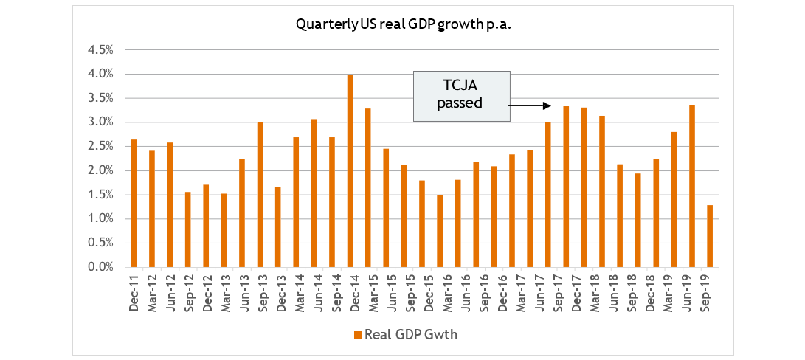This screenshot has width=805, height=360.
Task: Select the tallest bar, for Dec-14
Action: pos(350,171)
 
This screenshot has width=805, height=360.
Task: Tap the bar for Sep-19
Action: pos(710,236)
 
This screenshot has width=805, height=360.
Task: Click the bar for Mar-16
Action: pos(440,231)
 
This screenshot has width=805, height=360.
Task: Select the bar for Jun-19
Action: pos(692,186)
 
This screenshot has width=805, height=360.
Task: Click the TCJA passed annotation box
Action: pos(461,96)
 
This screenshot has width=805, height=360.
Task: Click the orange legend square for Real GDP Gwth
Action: pos(358,335)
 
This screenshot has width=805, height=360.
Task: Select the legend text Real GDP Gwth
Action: pos(412,335)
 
